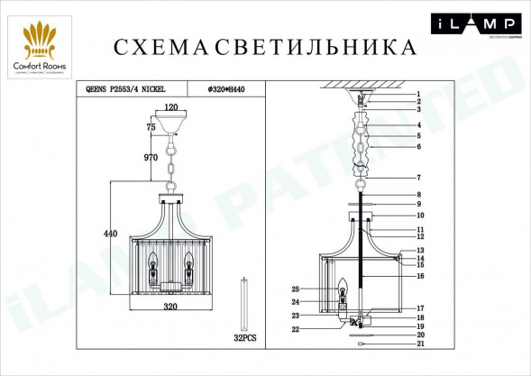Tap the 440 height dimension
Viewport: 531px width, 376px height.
point(111,234)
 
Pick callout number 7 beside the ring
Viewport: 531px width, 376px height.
point(418,178)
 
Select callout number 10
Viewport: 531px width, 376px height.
point(418,216)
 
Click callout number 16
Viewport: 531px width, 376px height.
point(418,276)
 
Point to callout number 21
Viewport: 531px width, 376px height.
point(418,344)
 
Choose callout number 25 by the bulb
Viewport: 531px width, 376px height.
point(295,289)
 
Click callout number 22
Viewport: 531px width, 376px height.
point(295,330)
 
